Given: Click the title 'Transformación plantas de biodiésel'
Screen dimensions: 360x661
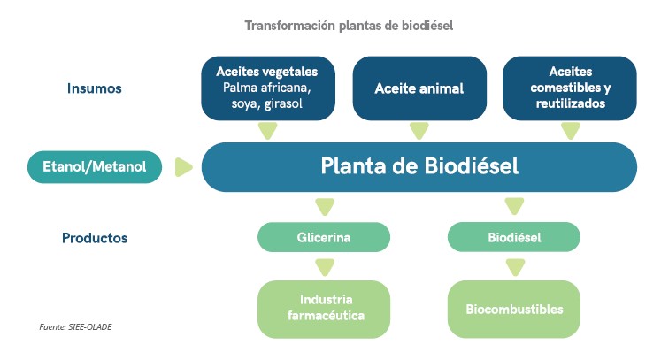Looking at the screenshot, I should [349, 26].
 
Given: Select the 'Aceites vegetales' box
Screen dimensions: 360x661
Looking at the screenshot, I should [267, 88].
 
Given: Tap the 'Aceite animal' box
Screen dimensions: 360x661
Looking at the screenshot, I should [419, 88].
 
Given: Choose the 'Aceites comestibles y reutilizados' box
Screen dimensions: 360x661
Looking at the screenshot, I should [570, 88].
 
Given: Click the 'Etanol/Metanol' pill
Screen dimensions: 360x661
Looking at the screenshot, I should [95, 166].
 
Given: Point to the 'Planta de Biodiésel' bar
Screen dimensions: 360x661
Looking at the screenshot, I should [419, 166].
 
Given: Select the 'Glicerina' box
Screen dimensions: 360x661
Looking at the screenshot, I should [324, 237].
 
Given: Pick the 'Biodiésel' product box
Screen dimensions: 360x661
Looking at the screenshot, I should [513, 237].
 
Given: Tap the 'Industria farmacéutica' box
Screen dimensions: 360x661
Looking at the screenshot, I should [324, 308].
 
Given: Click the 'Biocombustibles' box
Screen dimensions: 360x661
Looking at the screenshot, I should [513, 309].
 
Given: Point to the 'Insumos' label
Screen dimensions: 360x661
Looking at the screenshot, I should [94, 88].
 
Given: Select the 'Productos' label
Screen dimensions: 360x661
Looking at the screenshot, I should [95, 238].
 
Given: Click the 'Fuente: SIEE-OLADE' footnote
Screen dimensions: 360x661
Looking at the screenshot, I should [75, 326].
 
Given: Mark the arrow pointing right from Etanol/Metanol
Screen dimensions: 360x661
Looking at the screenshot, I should [184, 166].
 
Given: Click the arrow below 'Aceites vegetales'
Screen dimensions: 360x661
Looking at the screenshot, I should [267, 131].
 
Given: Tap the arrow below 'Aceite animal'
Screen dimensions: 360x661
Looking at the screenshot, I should [419, 131].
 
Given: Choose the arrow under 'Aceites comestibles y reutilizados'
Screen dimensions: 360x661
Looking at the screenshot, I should [570, 131].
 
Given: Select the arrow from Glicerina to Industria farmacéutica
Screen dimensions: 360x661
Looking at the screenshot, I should [325, 265].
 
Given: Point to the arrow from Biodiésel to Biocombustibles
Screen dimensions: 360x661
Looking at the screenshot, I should [514, 265].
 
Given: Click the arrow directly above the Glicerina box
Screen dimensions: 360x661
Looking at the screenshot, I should [325, 208].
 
